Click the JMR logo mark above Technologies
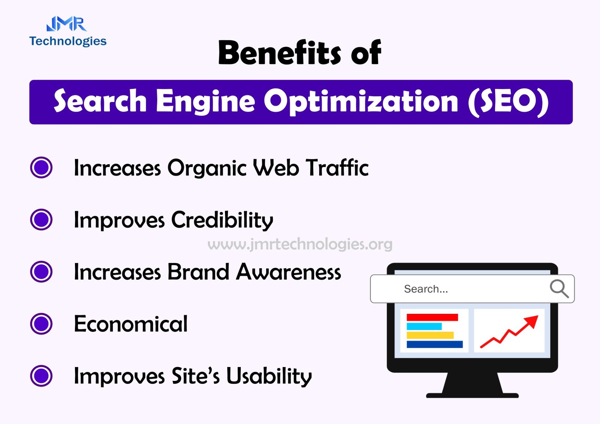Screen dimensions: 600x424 pos(66,24)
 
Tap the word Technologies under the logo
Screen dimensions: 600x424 pos(68,41)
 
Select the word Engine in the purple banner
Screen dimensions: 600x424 pos(205,102)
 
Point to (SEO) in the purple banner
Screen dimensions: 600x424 pos(508,102)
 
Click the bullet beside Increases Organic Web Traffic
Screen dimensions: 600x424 pos(41,167)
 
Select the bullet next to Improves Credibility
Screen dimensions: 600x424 pos(41,219)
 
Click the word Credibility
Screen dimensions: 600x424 pos(222,220)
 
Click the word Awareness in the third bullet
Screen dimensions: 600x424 pos(288,272)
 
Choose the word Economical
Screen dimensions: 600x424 pos(131,324)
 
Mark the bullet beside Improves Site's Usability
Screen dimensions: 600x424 pos(41,376)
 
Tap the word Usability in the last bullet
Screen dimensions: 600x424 pos(269,377)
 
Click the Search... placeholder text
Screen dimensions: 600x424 pos(426,289)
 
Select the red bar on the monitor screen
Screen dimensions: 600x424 pos(432,317)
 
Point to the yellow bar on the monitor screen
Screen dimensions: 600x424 pos(430,335)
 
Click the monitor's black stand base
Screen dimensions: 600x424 pos(472,396)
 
